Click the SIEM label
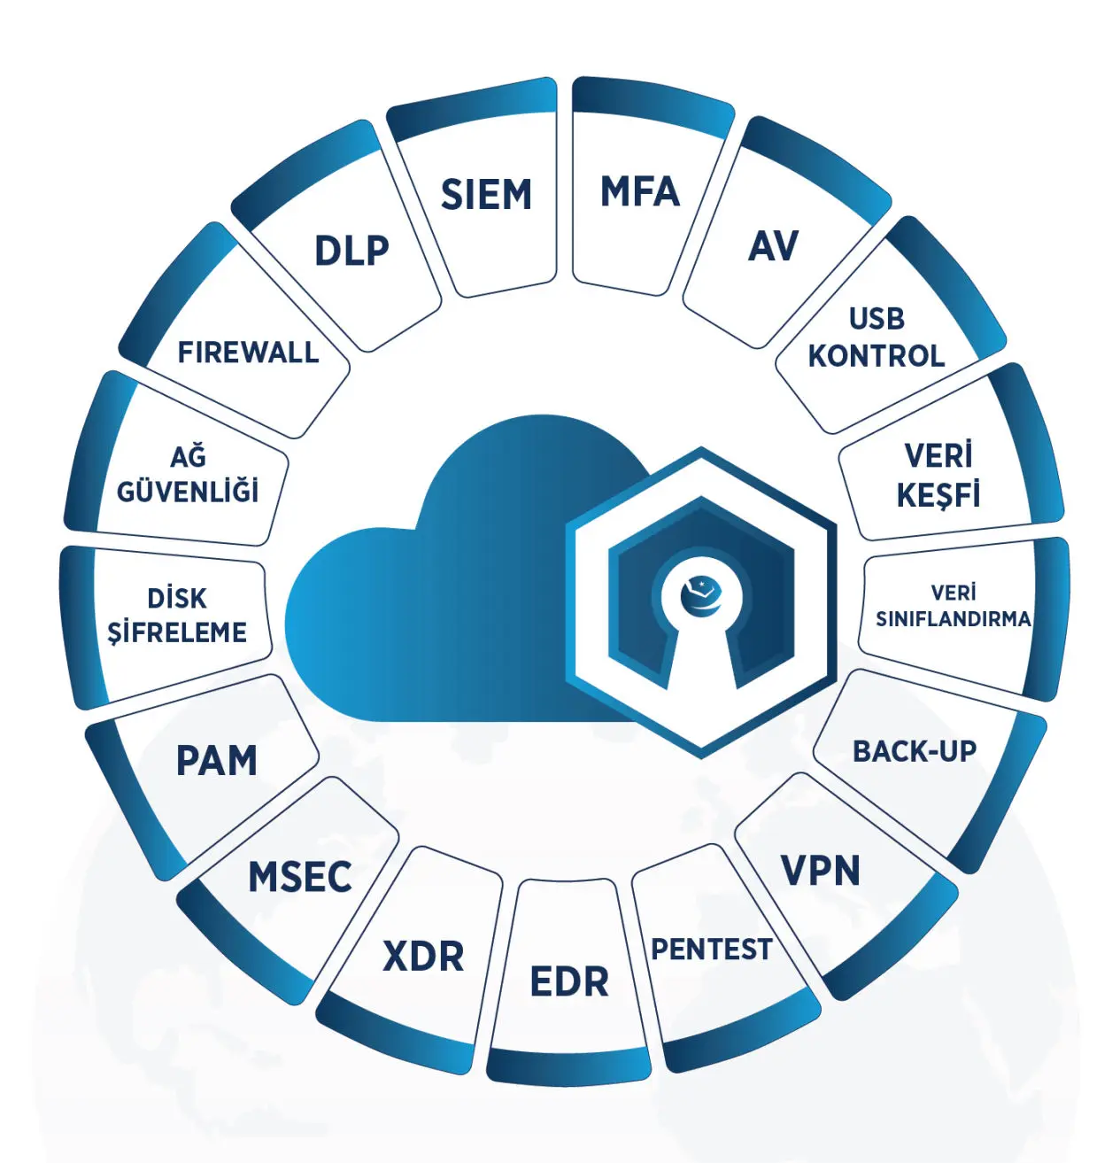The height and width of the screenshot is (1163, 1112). click(486, 195)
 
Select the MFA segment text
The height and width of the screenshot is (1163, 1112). click(639, 192)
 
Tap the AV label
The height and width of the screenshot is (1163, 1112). click(773, 247)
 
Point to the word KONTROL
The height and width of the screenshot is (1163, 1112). click(876, 356)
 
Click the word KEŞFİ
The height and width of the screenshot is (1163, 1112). click(938, 495)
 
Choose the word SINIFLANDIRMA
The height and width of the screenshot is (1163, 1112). click(954, 618)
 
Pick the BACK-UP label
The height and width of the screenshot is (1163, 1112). click(914, 751)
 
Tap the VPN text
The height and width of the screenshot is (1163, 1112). click(820, 872)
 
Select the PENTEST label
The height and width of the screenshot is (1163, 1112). click(711, 950)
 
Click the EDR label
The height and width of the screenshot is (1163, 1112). click(569, 982)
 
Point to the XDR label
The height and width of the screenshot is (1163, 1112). click(423, 957)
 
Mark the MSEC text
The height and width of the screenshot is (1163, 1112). click(300, 878)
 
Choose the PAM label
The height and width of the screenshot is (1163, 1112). click(217, 761)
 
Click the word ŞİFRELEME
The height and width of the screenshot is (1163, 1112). click(177, 632)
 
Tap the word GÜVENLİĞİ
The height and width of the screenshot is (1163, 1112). click(188, 491)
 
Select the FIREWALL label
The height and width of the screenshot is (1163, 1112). click(248, 353)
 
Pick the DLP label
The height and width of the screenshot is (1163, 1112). click(351, 252)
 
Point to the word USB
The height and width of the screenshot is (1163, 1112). click(876, 319)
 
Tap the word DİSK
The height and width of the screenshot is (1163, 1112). click(177, 598)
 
